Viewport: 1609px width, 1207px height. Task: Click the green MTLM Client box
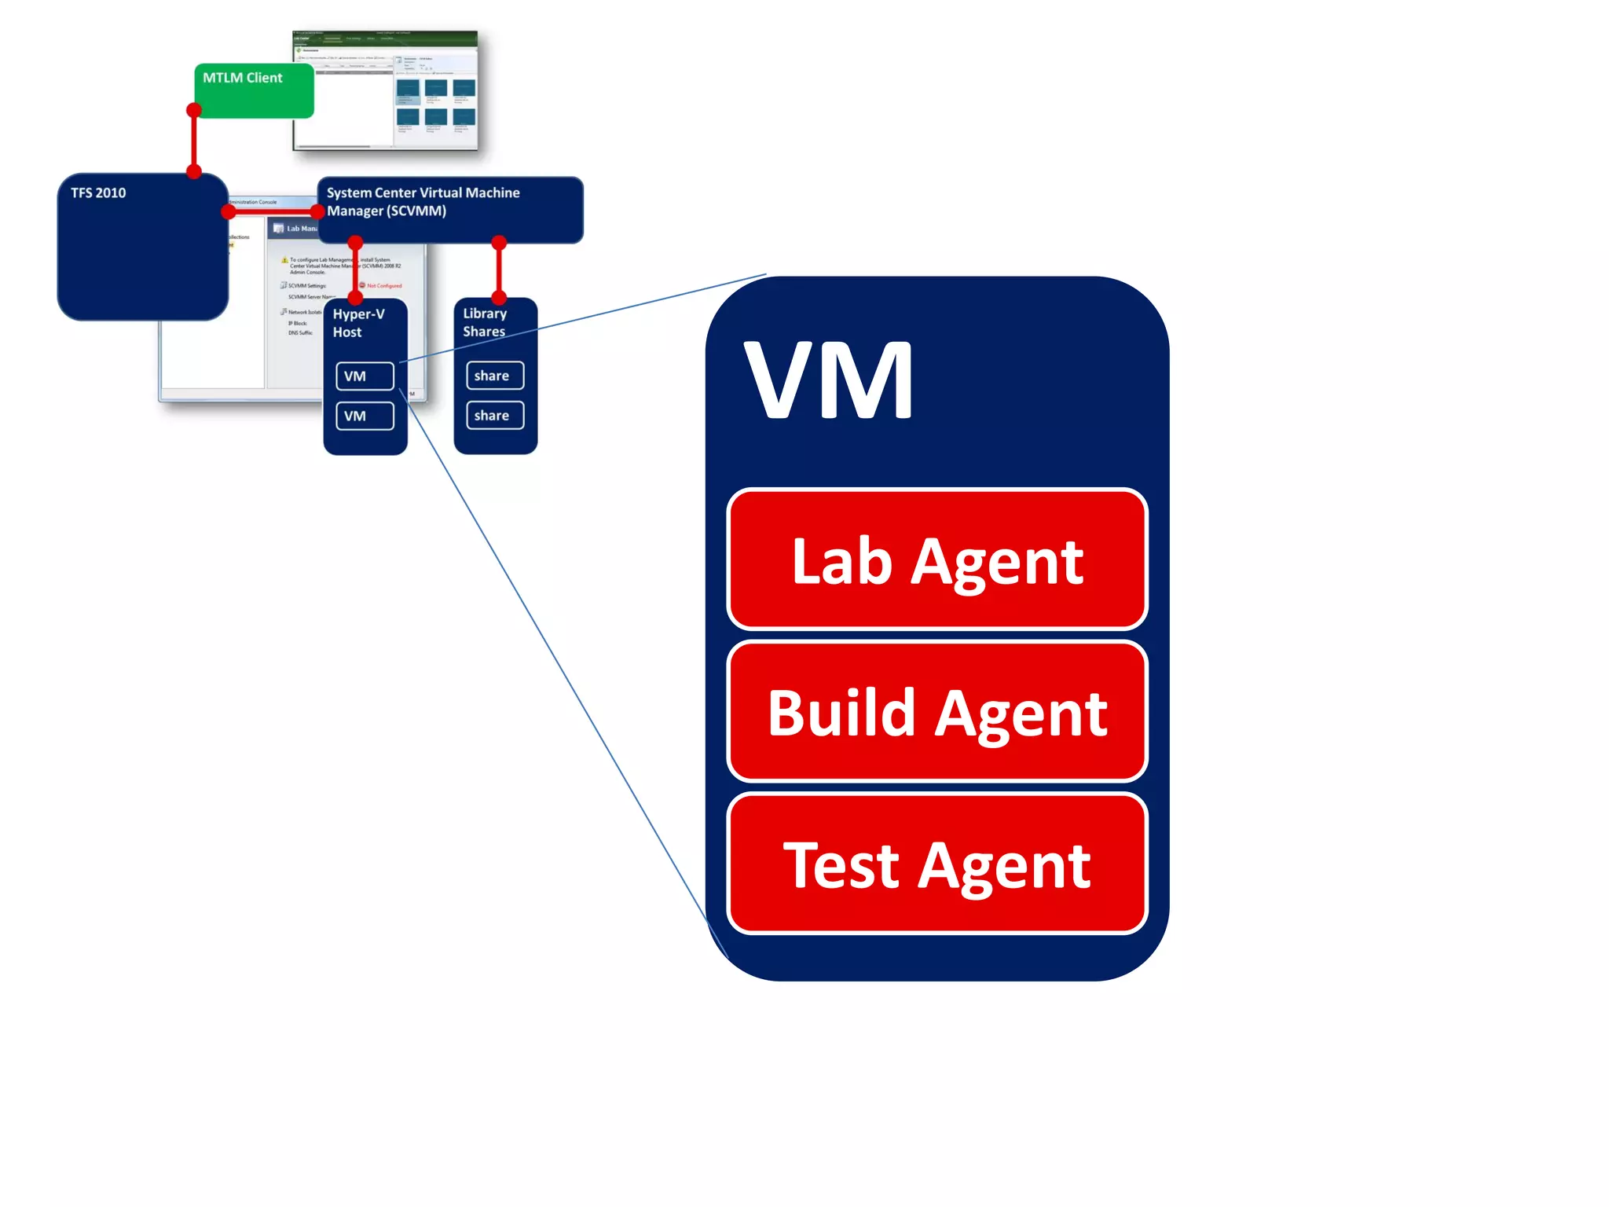pyautogui.click(x=254, y=90)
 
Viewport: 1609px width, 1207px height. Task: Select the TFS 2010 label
pyautogui.click(x=98, y=193)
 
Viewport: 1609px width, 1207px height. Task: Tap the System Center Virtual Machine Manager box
pyautogui.click(x=449, y=209)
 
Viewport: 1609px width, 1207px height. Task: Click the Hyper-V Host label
pyautogui.click(x=358, y=323)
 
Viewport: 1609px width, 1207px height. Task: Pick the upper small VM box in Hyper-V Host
pyautogui.click(x=365, y=376)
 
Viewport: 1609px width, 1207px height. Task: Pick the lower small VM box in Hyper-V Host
pyautogui.click(x=365, y=416)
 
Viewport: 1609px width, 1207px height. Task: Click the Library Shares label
pyautogui.click(x=485, y=322)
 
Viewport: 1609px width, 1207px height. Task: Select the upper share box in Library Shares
pyautogui.click(x=494, y=376)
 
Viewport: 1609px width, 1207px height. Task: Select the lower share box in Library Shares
pyautogui.click(x=494, y=415)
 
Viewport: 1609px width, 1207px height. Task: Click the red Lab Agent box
pyautogui.click(x=936, y=559)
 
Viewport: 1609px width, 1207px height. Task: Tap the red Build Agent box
pyautogui.click(x=936, y=712)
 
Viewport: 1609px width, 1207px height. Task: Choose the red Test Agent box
pyautogui.click(x=936, y=864)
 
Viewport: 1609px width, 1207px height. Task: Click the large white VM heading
pyautogui.click(x=829, y=382)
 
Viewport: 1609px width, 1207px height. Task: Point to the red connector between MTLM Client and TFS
pyautogui.click(x=194, y=141)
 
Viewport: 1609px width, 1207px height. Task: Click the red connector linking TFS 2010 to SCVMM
pyautogui.click(x=272, y=211)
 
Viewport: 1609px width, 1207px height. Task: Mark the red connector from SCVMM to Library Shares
pyautogui.click(x=499, y=270)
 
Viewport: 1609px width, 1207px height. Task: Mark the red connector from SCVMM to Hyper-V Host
pyautogui.click(x=355, y=270)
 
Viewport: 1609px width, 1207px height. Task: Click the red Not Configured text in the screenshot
pyautogui.click(x=384, y=286)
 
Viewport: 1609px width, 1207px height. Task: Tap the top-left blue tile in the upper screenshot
pyautogui.click(x=408, y=88)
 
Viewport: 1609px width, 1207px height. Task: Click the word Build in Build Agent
pyautogui.click(x=841, y=714)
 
